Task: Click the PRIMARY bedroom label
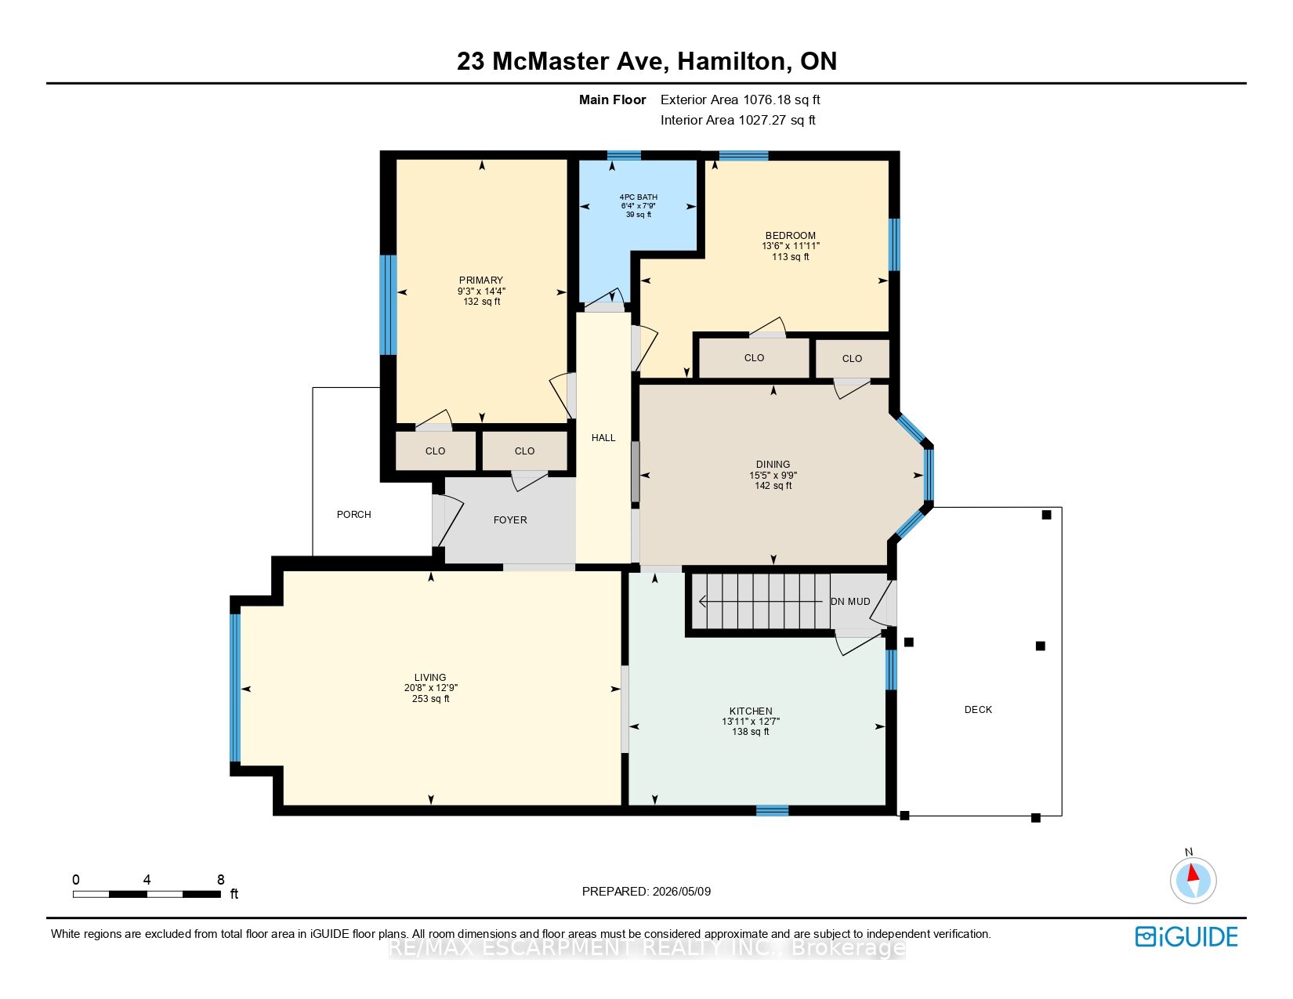click(481, 281)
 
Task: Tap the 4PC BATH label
click(639, 197)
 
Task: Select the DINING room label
click(773, 464)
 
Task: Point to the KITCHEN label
click(751, 711)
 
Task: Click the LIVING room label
click(430, 677)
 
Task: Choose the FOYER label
click(510, 520)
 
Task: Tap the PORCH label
click(354, 515)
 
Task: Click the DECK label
click(978, 709)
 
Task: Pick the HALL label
click(603, 438)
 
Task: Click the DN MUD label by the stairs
click(850, 602)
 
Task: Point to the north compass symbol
click(1193, 879)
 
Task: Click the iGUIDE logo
click(1186, 936)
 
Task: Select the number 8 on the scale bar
click(221, 879)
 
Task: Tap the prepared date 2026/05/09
click(681, 892)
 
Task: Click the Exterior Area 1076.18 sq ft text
click(741, 100)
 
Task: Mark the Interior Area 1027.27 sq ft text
click(738, 120)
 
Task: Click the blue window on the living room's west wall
click(235, 687)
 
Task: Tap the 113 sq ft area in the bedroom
click(790, 257)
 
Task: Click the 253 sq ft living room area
click(430, 699)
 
